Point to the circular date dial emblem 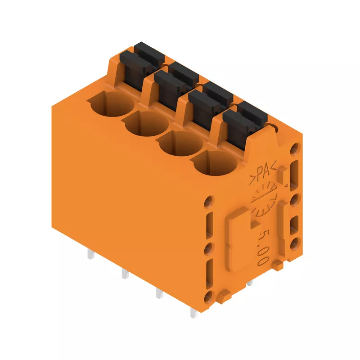264,199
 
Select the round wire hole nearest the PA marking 215,163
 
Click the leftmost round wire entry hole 111,103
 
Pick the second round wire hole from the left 147,123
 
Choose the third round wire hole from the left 181,143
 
